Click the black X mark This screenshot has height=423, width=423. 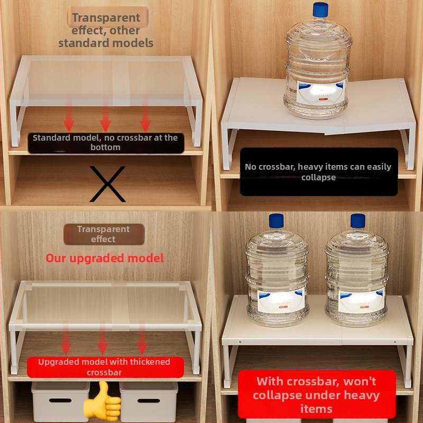pyautogui.click(x=107, y=184)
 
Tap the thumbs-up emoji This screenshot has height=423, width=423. pyautogui.click(x=103, y=400)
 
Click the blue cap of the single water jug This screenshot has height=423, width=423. pyautogui.click(x=320, y=10)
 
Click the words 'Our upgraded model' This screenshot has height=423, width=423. pyautogui.click(x=105, y=258)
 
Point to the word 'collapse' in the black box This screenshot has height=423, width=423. pyautogui.click(x=319, y=177)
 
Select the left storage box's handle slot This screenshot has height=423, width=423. pyautogui.click(x=60, y=400)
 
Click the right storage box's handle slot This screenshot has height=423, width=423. pyautogui.click(x=149, y=401)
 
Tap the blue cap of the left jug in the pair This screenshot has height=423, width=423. pyautogui.click(x=276, y=221)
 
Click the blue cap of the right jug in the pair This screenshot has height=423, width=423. pyautogui.click(x=358, y=221)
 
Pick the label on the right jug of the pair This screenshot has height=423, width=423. pyautogui.click(x=362, y=301)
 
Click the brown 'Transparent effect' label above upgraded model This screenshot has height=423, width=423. pyautogui.click(x=104, y=234)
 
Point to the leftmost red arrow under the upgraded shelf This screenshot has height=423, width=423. pyautogui.click(x=66, y=339)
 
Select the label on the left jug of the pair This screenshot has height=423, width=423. pyautogui.click(x=281, y=300)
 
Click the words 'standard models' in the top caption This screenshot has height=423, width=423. pyautogui.click(x=106, y=43)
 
